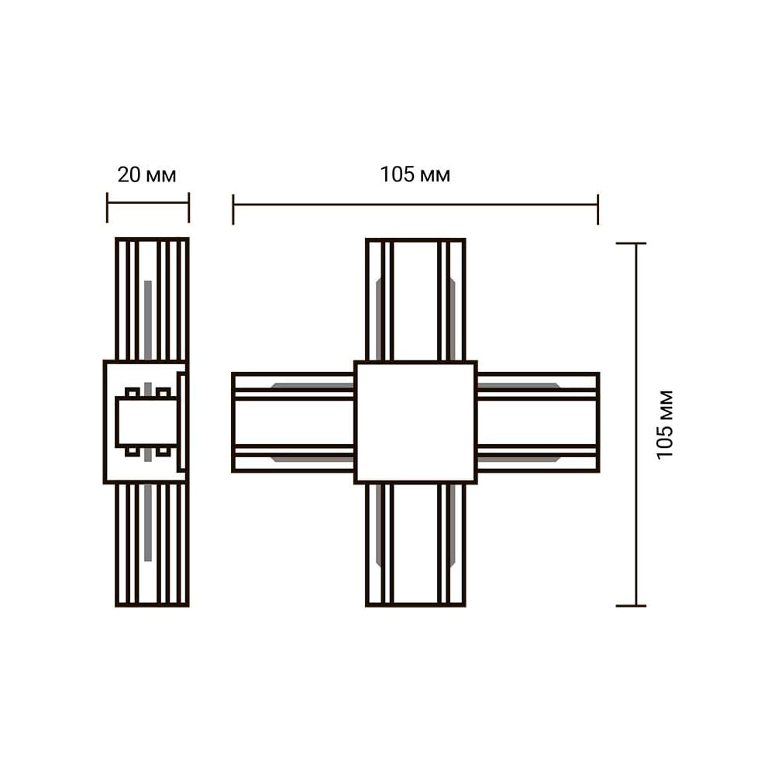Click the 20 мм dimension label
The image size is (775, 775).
[x=146, y=175]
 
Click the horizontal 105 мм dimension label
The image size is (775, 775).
[x=415, y=174]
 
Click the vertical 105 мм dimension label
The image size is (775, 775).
[x=665, y=425]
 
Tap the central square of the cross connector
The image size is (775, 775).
[x=415, y=422]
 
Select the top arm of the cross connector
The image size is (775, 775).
[x=415, y=299]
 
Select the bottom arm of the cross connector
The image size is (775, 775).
[x=415, y=545]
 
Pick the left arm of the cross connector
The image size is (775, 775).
[x=293, y=422]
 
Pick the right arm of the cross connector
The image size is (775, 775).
[x=539, y=422]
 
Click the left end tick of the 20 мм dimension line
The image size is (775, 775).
[x=107, y=208]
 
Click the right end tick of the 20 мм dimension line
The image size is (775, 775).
[x=189, y=208]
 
